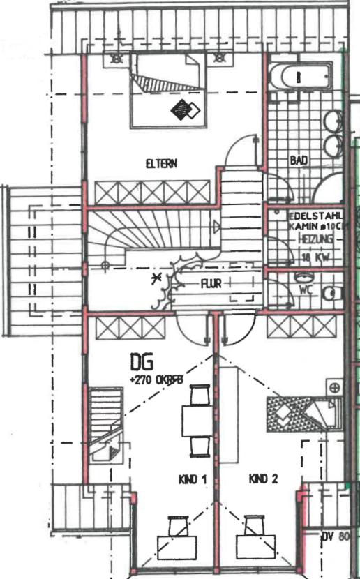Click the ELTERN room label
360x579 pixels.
pyautogui.click(x=161, y=164)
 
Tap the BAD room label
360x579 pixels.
pyautogui.click(x=299, y=160)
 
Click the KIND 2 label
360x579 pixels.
pyautogui.click(x=263, y=479)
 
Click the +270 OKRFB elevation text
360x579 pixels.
pyautogui.click(x=160, y=379)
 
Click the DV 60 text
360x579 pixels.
pyautogui.click(x=335, y=537)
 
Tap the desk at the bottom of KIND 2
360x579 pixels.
pyautogui.click(x=254, y=541)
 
